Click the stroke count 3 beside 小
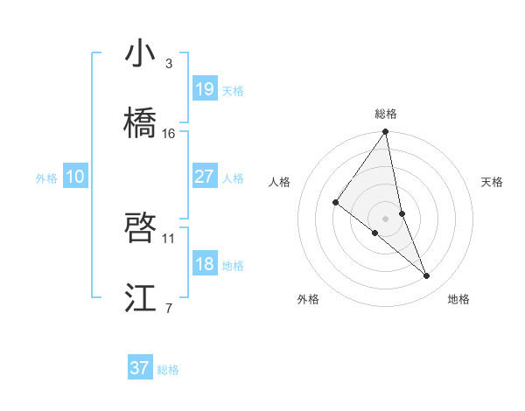169,64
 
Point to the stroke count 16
169,133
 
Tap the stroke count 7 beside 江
169,308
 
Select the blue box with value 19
204,89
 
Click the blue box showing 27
204,177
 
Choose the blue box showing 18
204,264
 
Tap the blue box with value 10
74,177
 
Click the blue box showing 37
139,368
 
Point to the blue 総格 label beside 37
168,370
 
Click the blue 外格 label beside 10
46,178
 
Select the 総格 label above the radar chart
386,114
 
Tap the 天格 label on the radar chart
492,182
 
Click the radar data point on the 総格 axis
386,132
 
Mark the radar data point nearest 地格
427,276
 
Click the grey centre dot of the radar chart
386,218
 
